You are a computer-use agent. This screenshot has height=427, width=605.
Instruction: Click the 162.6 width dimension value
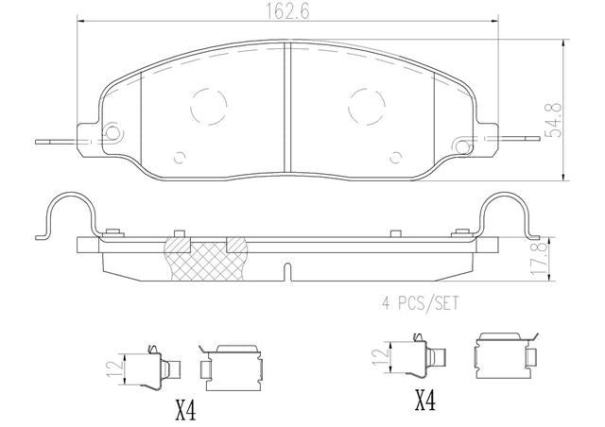pos(287,12)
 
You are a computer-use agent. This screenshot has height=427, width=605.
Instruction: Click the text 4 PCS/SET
pos(420,303)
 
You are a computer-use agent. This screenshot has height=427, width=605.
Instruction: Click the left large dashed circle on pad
pos(209,106)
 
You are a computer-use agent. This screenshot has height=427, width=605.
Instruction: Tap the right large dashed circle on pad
pos(367,106)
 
